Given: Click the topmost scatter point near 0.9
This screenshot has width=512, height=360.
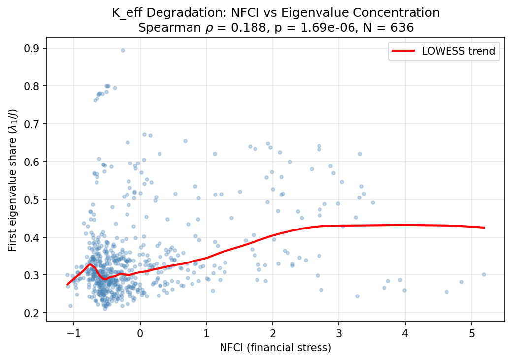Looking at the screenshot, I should (x=123, y=50).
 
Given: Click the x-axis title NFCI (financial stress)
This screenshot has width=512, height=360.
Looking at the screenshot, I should (x=275, y=348).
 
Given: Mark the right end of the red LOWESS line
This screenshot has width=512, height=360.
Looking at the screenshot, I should (x=484, y=228).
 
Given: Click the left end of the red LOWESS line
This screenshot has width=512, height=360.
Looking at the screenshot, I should (x=68, y=285).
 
